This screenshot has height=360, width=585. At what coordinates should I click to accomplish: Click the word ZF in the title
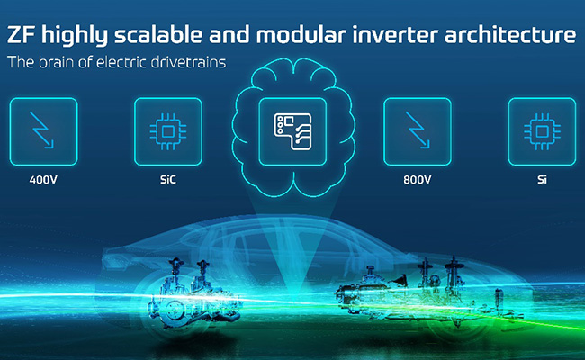pos(21,35)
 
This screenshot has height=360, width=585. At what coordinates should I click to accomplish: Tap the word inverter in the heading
pos(395,35)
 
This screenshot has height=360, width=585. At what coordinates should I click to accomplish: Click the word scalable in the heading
pos(158,35)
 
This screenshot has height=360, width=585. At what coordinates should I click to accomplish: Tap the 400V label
pos(43,180)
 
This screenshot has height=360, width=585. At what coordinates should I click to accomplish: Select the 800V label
pos(417,180)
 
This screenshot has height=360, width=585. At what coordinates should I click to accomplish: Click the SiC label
pos(168,180)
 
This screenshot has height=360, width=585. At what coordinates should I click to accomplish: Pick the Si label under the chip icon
pos(542,180)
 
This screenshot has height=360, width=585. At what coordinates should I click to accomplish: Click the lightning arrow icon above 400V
pos(42,130)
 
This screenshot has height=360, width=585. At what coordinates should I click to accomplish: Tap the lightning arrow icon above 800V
pos(418,130)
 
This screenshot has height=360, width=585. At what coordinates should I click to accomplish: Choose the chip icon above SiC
pos(168,131)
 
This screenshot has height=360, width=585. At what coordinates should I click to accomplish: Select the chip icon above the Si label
pos(542,131)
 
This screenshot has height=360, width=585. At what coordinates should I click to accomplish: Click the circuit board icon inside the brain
pos(292,131)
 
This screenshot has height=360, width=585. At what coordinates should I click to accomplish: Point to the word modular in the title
pos(301,35)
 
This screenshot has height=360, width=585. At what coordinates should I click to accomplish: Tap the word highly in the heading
pos(74,35)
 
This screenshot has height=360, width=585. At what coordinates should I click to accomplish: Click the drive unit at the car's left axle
pos(193,294)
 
